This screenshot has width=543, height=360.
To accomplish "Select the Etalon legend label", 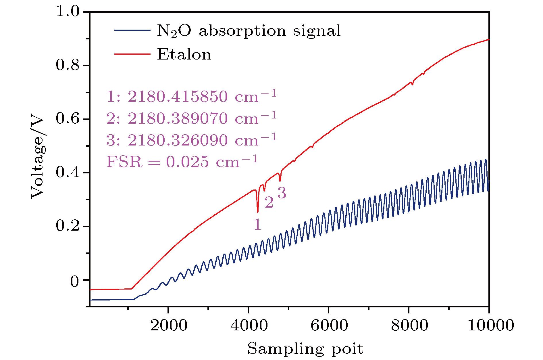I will click(184, 55).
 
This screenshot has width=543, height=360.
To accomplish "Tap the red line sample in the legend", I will click(132, 54).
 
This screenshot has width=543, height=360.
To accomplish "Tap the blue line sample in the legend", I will click(132, 30).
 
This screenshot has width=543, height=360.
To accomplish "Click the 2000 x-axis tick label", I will click(169, 325).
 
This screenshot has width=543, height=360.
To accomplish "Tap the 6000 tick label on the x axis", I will click(329, 325).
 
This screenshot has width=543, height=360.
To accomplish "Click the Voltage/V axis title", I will click(38, 158).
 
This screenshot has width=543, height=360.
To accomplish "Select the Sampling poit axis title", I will click(305, 349).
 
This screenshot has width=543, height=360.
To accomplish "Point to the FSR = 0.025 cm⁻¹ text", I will click(182, 162).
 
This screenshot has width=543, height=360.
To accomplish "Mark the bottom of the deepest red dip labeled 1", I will click(258, 212).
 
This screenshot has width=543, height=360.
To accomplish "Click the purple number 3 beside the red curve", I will click(282, 193).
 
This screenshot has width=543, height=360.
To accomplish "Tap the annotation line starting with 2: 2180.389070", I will click(191, 118).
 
